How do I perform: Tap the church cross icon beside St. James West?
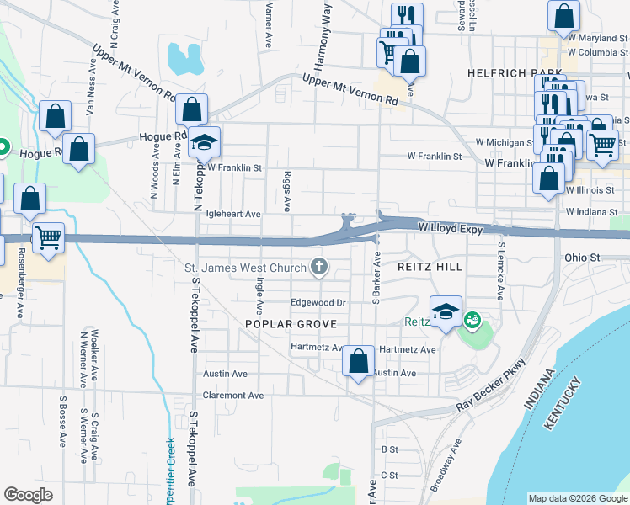point(319,268)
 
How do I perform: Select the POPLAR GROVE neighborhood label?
point(291,324)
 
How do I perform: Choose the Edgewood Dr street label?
point(318,303)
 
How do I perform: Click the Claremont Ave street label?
point(233,395)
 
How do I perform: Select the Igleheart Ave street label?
point(232,215)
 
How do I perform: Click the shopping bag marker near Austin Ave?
point(359,362)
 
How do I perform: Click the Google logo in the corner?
point(29,495)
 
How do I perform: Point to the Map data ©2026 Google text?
point(577,498)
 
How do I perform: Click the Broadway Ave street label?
point(447,465)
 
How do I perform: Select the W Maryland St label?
point(599,38)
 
